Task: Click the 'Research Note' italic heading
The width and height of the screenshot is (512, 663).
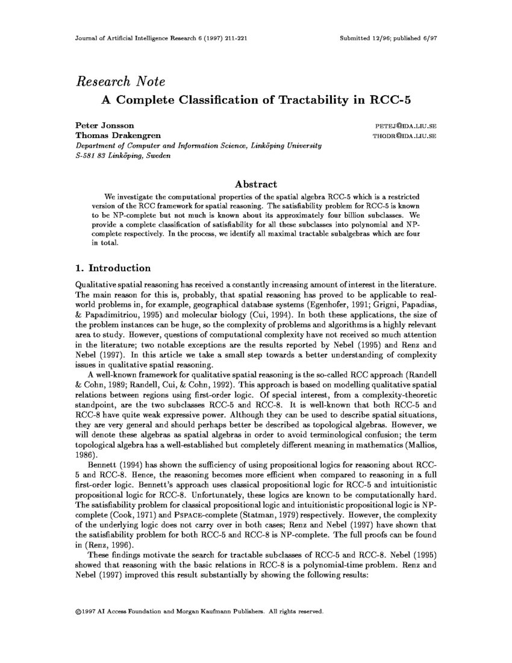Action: click(x=120, y=82)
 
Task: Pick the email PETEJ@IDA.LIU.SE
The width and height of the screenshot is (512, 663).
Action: click(x=405, y=127)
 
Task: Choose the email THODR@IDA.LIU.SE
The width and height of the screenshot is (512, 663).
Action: click(x=405, y=136)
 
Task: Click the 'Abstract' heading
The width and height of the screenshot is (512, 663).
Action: click(x=255, y=184)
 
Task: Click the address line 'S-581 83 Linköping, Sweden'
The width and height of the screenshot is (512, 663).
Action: click(x=122, y=156)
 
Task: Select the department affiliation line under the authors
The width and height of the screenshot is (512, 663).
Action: click(x=198, y=146)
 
